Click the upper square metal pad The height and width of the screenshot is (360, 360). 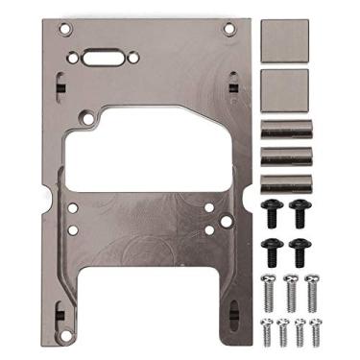pyautogui.click(x=285, y=40)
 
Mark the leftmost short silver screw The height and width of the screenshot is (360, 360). pyautogui.click(x=266, y=331)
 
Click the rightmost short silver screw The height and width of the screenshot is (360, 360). pyautogui.click(x=317, y=331)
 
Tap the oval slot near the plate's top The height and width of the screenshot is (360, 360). pyautogui.click(x=101, y=58)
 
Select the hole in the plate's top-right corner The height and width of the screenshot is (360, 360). pyautogui.click(x=228, y=29)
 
